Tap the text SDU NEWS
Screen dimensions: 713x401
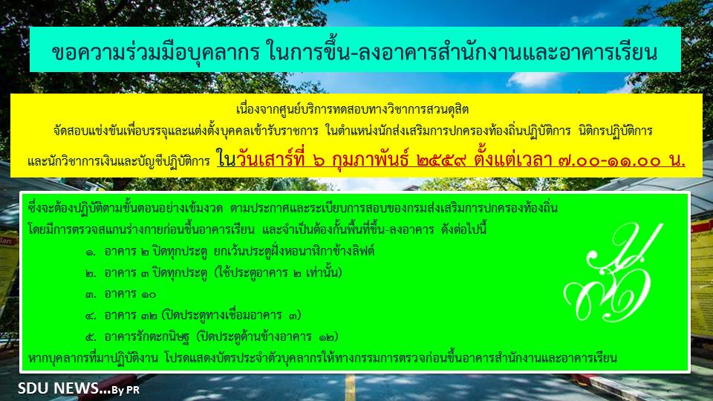click(58, 388)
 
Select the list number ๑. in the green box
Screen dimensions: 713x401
click(91, 252)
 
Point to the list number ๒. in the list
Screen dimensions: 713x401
click(91, 273)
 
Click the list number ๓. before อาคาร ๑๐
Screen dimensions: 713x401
click(91, 295)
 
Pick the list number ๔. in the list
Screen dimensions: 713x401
click(91, 316)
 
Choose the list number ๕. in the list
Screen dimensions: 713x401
click(91, 337)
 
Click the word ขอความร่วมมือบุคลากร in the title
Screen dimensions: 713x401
click(155, 52)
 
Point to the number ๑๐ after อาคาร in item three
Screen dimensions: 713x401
click(149, 295)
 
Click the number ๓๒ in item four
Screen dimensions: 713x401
click(149, 316)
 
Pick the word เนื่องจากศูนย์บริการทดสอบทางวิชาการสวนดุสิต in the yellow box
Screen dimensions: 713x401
click(352, 110)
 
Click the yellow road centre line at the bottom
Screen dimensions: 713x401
click(350, 387)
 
